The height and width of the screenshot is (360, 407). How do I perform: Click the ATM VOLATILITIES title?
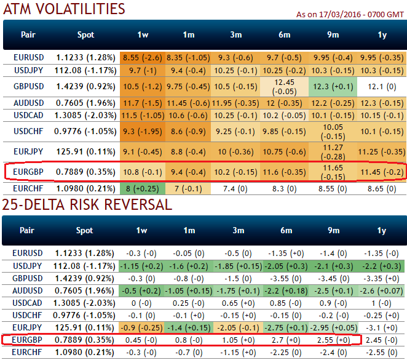point(64,9)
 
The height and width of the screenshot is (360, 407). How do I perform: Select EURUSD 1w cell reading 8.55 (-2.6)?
point(142,57)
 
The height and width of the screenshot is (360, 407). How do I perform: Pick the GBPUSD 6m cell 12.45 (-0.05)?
point(284,86)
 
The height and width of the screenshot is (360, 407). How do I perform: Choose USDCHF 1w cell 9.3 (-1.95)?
point(142,130)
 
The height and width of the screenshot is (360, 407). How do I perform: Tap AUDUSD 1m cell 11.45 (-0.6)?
point(189,102)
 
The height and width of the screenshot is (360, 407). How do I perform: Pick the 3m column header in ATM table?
point(237,35)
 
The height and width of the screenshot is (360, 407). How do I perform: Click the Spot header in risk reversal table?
point(85,231)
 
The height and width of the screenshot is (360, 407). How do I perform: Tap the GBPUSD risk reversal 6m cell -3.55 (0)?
point(284,278)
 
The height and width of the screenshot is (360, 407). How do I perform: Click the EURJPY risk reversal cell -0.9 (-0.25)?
point(142,326)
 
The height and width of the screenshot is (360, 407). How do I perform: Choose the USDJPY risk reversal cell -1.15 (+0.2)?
point(142,266)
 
